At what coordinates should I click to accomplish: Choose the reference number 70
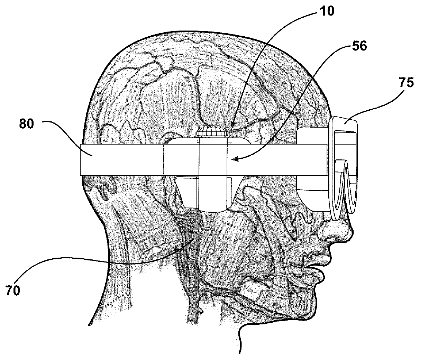tap(12, 290)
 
